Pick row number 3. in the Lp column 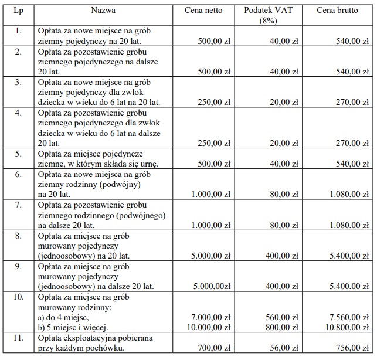click(18, 83)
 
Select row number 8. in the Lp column click(18, 236)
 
